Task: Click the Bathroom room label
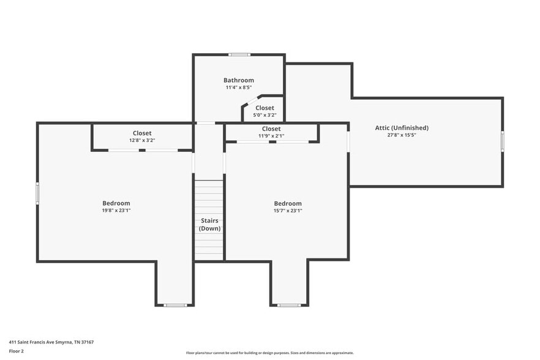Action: click(x=238, y=80)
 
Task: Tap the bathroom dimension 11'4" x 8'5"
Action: click(x=238, y=88)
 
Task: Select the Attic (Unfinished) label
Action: click(x=402, y=128)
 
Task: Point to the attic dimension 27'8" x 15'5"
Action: click(x=402, y=135)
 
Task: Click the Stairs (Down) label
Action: click(x=209, y=224)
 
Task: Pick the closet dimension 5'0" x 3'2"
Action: click(x=264, y=114)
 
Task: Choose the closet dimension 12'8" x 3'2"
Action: click(x=142, y=140)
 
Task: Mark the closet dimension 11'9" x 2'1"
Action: click(x=271, y=136)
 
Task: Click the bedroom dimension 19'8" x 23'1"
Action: click(x=116, y=211)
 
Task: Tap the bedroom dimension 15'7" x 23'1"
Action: click(x=288, y=211)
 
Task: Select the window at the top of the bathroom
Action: click(x=239, y=55)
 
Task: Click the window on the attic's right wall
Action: click(x=503, y=141)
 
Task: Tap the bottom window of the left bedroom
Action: click(x=174, y=305)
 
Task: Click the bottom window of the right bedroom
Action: click(x=288, y=305)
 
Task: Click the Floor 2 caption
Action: click(x=16, y=351)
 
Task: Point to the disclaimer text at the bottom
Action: click(x=269, y=353)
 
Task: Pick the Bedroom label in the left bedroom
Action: click(x=116, y=203)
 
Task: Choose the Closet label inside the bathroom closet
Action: click(x=264, y=108)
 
